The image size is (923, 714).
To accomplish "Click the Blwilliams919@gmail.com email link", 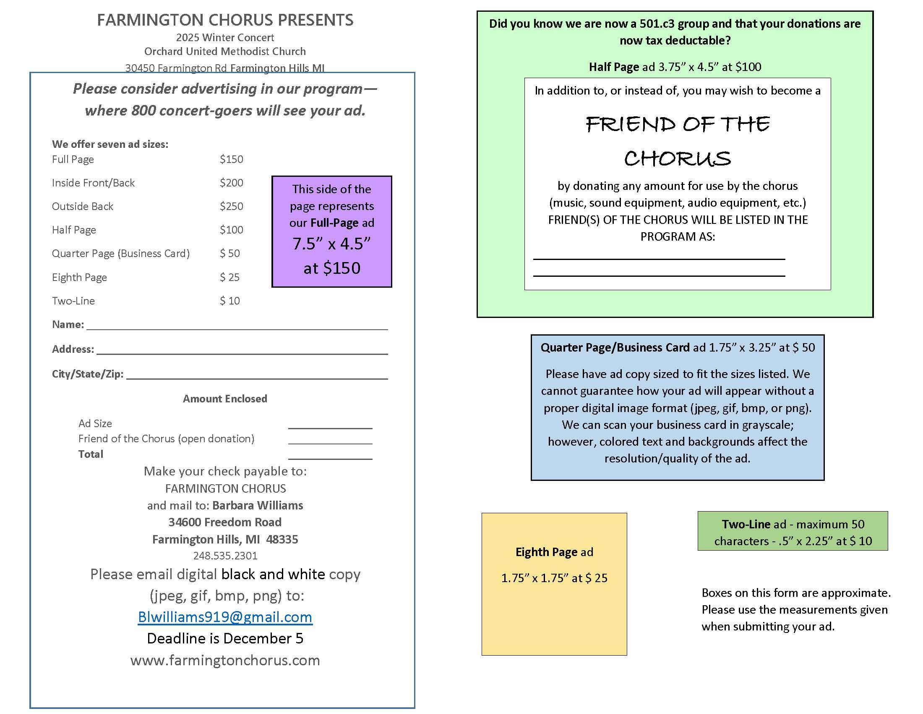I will [x=225, y=617].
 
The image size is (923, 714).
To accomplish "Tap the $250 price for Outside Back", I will [x=231, y=206].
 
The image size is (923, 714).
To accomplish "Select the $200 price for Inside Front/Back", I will [x=231, y=183].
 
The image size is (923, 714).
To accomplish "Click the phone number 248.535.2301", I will [x=225, y=555].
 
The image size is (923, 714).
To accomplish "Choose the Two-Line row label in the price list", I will [x=73, y=301].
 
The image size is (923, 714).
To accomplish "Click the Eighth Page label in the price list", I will [x=79, y=278].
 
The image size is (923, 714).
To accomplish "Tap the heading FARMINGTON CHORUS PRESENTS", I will [x=225, y=20].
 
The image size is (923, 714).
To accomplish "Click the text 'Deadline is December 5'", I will [x=225, y=638].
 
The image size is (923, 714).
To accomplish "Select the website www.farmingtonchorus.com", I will [x=225, y=660].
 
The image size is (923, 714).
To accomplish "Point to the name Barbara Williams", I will [x=257, y=505].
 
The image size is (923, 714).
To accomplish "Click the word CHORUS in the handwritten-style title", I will [x=677, y=159].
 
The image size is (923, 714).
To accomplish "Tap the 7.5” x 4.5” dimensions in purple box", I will [x=331, y=244].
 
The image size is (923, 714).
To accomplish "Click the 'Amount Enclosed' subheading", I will [x=225, y=399].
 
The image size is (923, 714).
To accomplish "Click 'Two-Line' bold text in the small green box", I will [x=746, y=524].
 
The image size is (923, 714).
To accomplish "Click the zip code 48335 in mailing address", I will [x=282, y=539].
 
